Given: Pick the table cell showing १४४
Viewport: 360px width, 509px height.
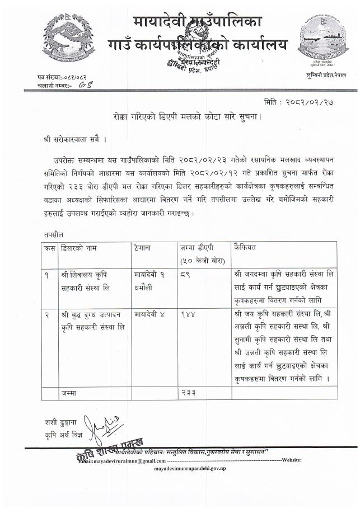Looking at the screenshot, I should point(188,314).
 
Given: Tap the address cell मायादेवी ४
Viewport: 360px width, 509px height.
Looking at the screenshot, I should point(149,314).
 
